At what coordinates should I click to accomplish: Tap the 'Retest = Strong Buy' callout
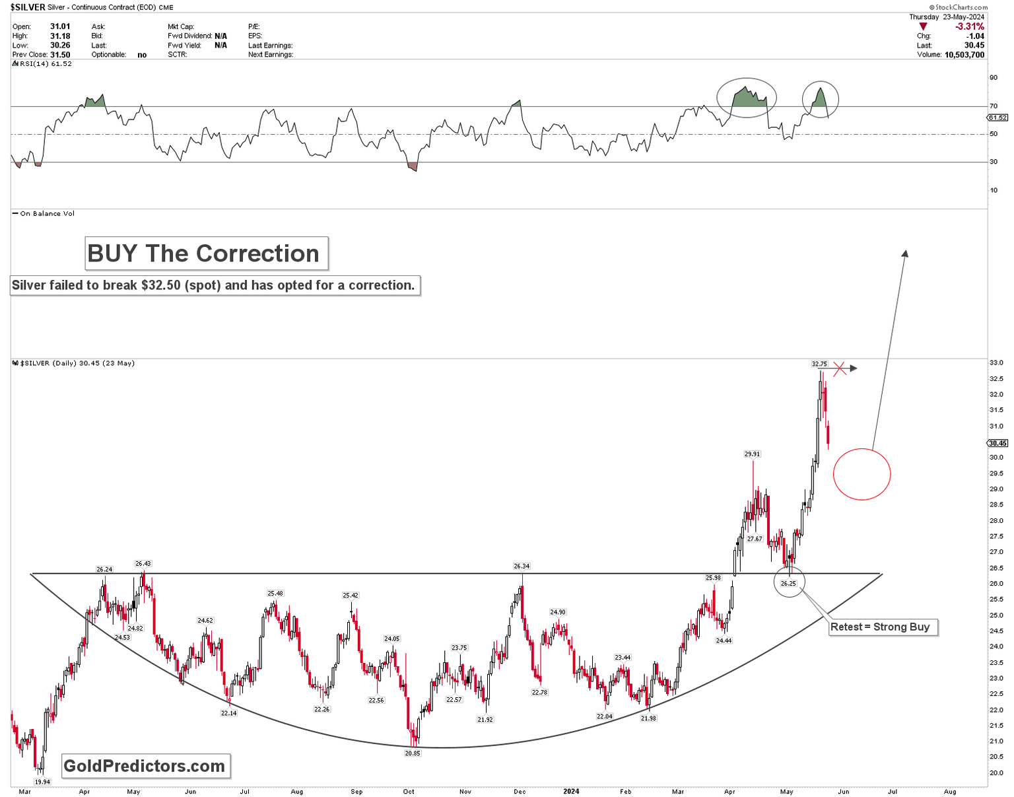point(883,627)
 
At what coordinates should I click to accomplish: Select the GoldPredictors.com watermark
point(145,766)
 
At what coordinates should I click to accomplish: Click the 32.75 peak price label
point(819,364)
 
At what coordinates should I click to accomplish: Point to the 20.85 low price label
point(412,753)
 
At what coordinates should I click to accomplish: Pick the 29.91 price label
point(752,454)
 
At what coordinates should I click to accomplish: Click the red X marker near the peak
point(839,368)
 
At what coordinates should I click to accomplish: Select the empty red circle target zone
point(862,474)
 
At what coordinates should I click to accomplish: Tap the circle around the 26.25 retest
point(789,582)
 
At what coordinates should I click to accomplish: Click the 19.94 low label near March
point(42,782)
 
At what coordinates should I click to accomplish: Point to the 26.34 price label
point(522,566)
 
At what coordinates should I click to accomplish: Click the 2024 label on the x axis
point(570,791)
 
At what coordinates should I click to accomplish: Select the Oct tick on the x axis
point(409,791)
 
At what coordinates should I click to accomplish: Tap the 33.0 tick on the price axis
point(996,363)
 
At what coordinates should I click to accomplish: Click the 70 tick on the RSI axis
point(993,106)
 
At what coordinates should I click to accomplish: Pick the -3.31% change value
point(969,26)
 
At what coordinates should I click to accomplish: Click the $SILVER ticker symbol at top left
point(28,7)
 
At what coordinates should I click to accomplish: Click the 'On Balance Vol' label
point(47,213)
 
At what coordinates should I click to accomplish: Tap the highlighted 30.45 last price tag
point(997,443)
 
